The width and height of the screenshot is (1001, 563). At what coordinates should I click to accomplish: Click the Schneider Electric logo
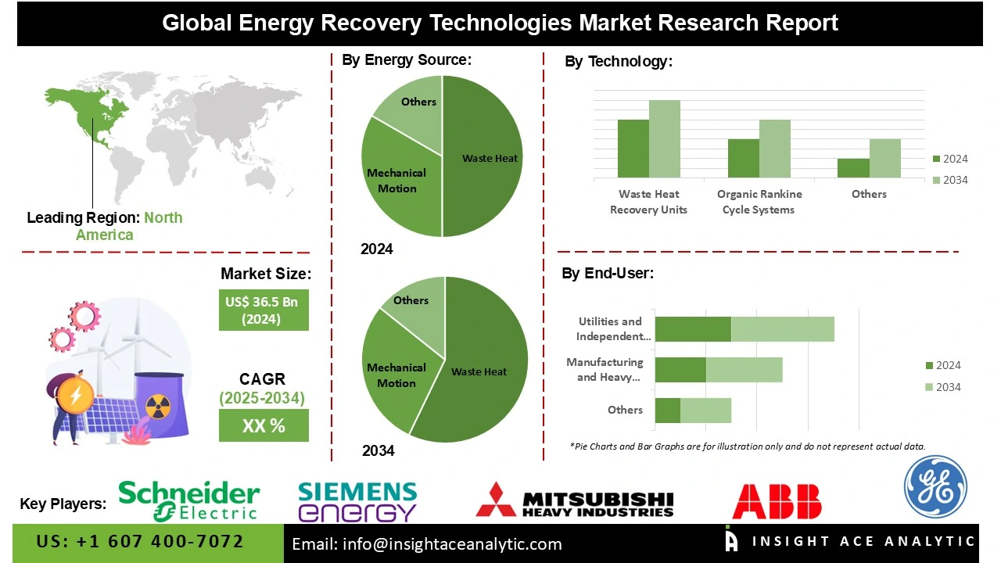point(188,500)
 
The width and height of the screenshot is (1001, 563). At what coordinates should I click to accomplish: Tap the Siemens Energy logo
point(357,501)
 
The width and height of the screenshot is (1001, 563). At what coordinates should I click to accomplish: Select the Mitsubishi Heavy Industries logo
point(575,501)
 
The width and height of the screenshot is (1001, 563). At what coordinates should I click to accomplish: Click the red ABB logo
point(777,501)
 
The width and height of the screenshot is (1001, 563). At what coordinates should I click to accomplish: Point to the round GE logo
point(935,487)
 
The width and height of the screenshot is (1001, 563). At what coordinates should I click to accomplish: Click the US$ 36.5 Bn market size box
point(264,310)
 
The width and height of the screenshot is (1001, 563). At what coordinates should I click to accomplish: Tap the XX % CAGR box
point(264,426)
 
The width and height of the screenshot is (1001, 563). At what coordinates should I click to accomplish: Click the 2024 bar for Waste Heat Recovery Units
point(633,149)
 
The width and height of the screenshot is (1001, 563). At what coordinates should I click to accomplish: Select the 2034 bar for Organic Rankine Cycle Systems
point(774,149)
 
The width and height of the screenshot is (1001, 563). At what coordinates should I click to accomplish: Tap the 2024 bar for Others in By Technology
point(853,168)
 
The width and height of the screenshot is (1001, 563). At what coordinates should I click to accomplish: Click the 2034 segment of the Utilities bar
point(782,329)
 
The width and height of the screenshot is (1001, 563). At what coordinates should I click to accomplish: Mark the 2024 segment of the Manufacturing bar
point(680,369)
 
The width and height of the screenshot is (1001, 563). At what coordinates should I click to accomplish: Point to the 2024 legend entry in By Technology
point(949,159)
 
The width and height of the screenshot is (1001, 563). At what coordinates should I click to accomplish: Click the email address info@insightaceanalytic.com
point(427,544)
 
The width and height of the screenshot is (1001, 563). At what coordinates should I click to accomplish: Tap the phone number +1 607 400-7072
point(140,542)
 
